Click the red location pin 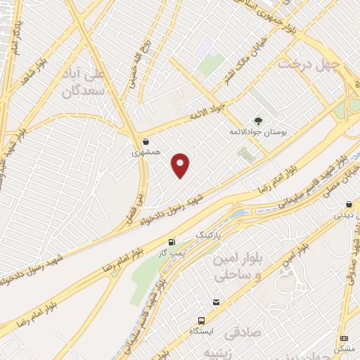click(x=181, y=165)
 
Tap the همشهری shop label click(x=144, y=152)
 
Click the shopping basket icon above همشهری click(x=145, y=141)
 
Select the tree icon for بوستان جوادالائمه click(x=259, y=120)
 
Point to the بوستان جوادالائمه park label click(x=257, y=131)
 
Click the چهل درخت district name click(x=309, y=64)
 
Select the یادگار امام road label click(x=18, y=39)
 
